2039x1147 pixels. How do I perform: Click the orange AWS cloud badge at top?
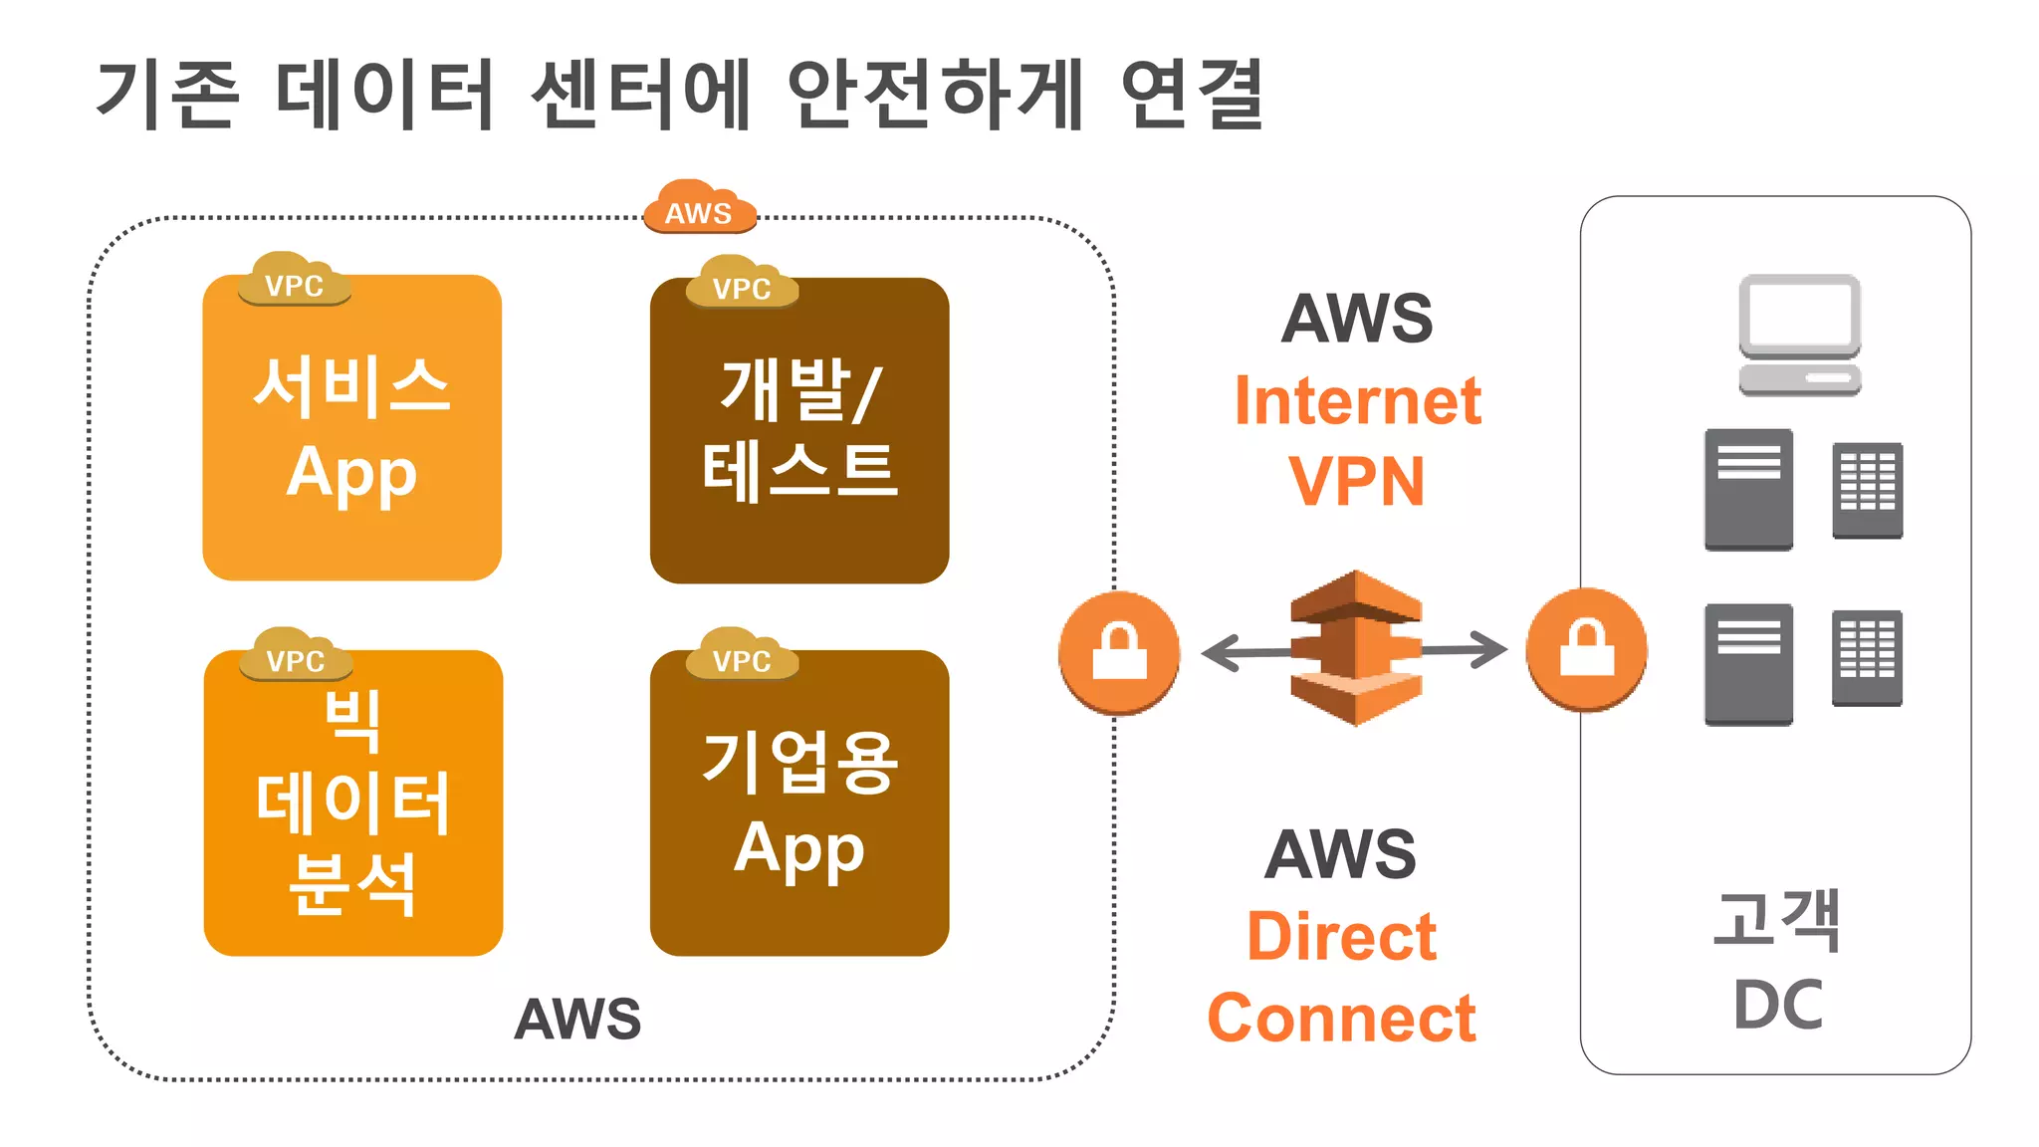click(x=699, y=208)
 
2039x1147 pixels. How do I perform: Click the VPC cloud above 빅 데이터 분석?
click(x=296, y=656)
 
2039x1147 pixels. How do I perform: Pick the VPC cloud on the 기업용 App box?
click(x=743, y=656)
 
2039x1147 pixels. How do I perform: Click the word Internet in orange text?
click(x=1357, y=401)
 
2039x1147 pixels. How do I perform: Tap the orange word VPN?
click(x=1357, y=483)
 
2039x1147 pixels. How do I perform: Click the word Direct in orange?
click(x=1341, y=937)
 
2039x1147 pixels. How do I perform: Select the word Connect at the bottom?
click(x=1341, y=1019)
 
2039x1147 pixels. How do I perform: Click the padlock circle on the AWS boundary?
click(x=1119, y=652)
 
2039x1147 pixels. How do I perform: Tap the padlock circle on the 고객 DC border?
click(x=1587, y=649)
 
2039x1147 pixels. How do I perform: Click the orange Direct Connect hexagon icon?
click(x=1355, y=648)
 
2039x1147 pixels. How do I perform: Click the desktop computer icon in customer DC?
click(x=1800, y=335)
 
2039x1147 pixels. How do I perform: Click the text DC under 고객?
click(x=1778, y=1005)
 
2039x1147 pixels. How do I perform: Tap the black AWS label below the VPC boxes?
click(x=577, y=1019)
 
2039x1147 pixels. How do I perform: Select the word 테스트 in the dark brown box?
click(x=799, y=471)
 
